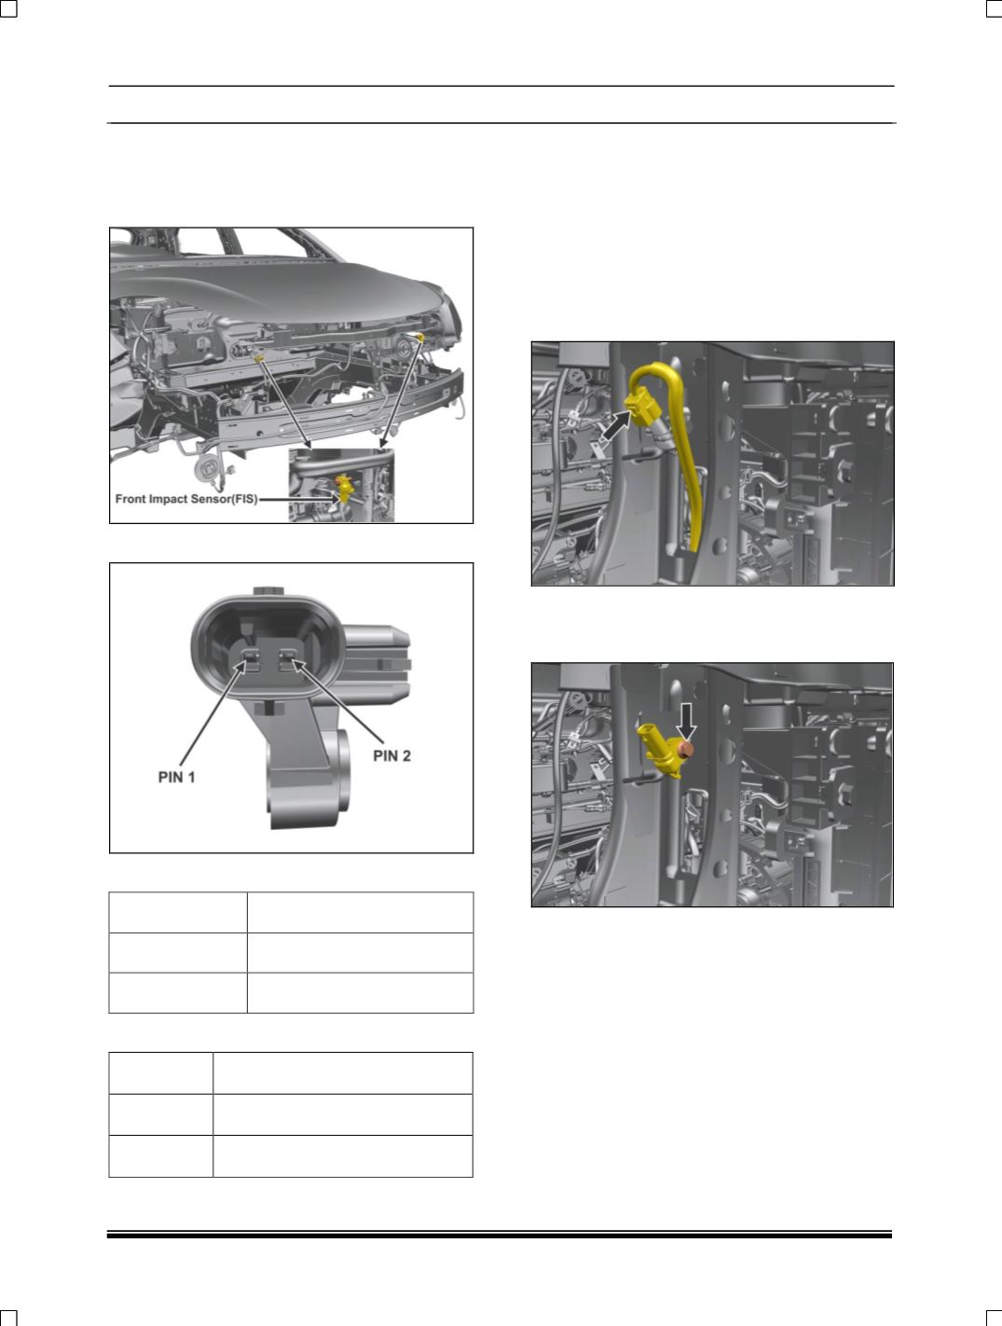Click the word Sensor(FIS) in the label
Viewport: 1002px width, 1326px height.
[x=227, y=499]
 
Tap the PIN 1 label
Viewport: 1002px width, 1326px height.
[x=177, y=777]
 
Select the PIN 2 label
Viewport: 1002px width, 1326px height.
[x=391, y=755]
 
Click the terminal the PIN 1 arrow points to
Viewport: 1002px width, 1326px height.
[x=251, y=660]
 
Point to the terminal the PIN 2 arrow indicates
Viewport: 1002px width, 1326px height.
[x=287, y=660]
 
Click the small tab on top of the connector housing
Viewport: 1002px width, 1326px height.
[x=268, y=591]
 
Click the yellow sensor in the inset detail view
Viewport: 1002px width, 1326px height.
[x=344, y=488]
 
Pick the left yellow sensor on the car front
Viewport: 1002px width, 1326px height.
[x=259, y=359]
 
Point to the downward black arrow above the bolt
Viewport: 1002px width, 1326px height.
[x=686, y=721]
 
